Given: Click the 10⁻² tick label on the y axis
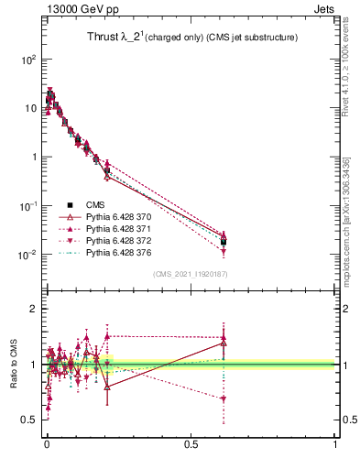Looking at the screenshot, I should pos(27,255).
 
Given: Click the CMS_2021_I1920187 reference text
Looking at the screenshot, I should pos(190,274).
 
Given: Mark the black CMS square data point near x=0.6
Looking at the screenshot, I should pos(224,242).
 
